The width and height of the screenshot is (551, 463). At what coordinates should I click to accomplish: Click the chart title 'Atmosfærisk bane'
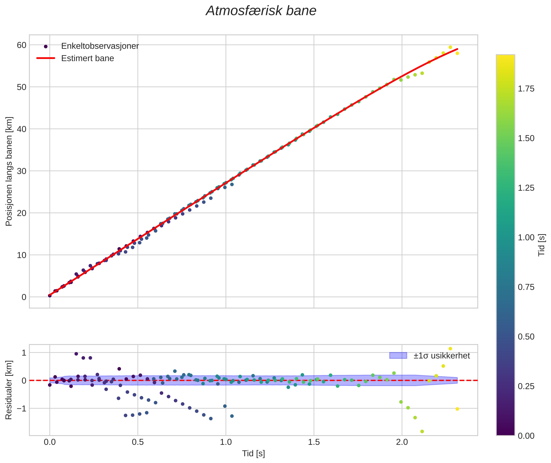click(261, 11)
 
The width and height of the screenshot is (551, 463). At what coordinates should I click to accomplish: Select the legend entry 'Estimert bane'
click(87, 58)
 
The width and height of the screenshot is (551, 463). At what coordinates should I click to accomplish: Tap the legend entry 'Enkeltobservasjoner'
click(100, 46)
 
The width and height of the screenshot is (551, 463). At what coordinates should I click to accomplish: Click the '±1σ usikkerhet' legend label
click(442, 356)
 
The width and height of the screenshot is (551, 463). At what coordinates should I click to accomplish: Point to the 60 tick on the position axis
click(21, 45)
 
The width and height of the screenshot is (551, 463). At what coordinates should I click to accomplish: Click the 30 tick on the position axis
click(21, 171)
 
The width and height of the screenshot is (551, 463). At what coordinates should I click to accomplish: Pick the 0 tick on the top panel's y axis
click(24, 297)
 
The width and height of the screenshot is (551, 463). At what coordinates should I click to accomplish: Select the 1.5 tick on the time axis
click(314, 442)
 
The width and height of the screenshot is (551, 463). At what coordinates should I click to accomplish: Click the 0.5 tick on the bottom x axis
click(137, 442)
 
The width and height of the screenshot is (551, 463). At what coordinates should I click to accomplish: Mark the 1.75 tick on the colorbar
click(526, 89)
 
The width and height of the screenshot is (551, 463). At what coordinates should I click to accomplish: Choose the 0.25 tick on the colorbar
click(526, 386)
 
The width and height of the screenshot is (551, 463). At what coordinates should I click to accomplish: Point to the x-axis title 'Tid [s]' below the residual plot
click(253, 454)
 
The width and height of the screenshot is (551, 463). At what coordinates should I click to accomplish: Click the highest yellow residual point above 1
click(450, 349)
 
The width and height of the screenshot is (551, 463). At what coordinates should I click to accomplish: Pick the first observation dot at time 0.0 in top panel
click(50, 296)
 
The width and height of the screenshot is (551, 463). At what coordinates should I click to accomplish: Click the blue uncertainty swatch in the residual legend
click(398, 356)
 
